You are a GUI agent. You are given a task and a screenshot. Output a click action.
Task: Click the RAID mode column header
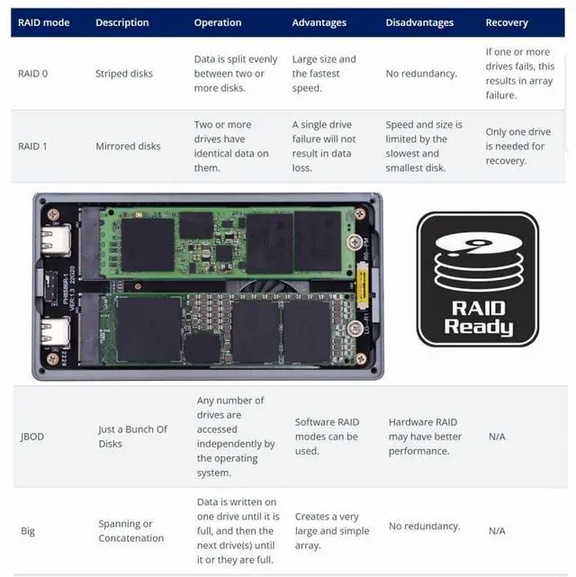click(45, 23)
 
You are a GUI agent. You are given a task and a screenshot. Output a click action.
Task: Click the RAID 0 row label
click(33, 74)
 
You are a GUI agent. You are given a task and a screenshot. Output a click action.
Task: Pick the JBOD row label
click(32, 437)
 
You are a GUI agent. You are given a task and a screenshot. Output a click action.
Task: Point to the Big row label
click(28, 531)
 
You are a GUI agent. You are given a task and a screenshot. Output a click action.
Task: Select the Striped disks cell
click(124, 74)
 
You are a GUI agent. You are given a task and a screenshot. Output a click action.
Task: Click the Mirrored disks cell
click(128, 146)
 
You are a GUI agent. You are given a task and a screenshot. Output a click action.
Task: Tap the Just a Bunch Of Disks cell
click(133, 437)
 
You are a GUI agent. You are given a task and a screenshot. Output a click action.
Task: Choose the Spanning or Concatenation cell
click(131, 531)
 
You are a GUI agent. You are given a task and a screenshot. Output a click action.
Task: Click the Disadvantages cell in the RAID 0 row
click(421, 74)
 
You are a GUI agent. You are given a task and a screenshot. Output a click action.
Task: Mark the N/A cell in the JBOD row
click(497, 437)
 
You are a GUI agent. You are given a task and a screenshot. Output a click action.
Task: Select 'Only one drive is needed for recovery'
click(517, 146)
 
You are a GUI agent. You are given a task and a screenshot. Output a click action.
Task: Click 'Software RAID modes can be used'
click(326, 437)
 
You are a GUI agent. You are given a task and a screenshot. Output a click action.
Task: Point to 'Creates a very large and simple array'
click(329, 531)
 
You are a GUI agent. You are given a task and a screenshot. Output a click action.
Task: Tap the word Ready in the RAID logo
click(478, 327)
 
